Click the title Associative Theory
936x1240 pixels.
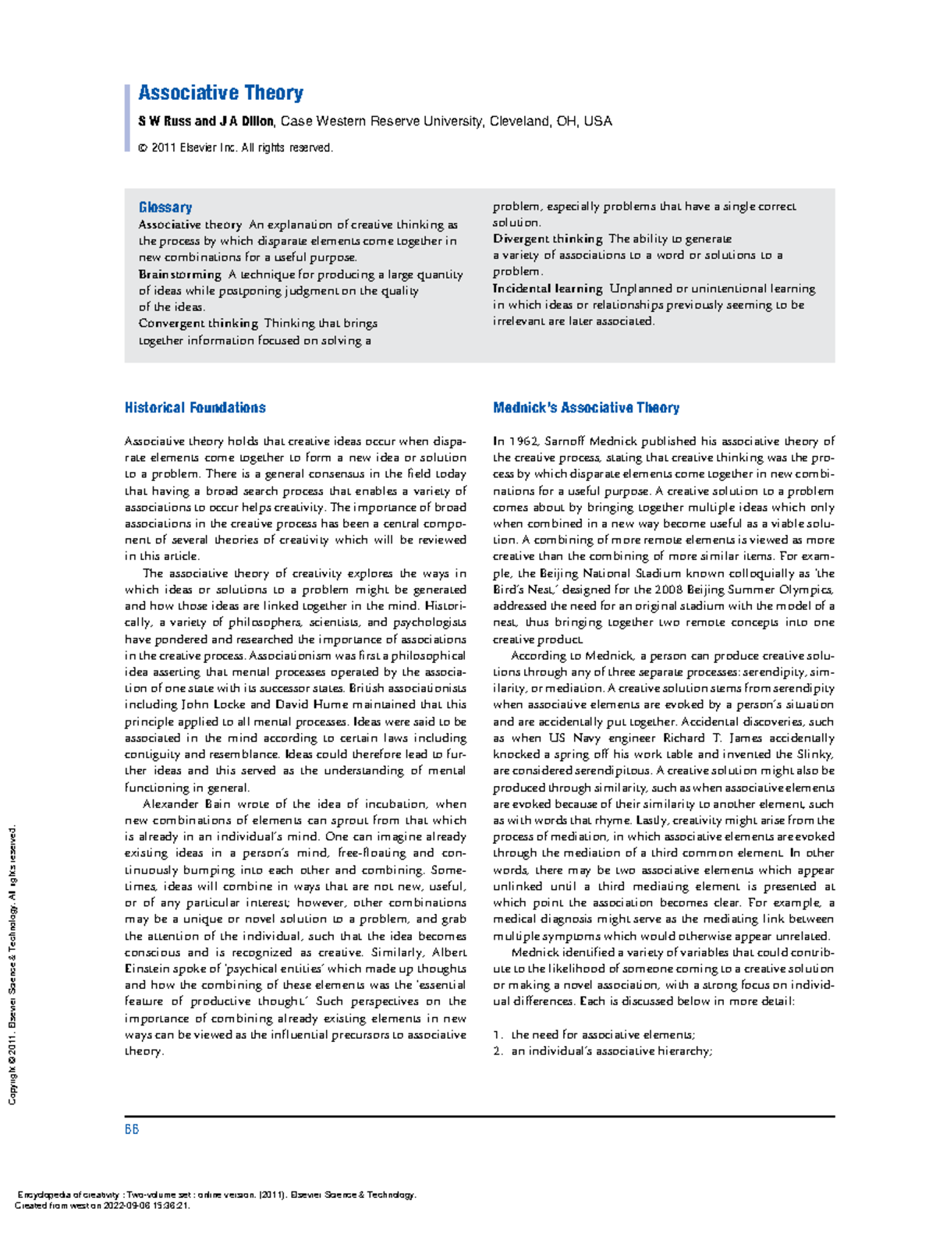(x=221, y=93)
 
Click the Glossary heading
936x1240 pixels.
(x=165, y=207)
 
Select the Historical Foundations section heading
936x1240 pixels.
(x=195, y=408)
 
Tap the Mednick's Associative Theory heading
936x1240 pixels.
(x=586, y=408)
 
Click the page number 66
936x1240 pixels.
(x=132, y=1129)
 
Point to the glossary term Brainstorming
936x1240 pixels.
(x=180, y=275)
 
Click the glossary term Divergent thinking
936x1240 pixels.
(x=548, y=239)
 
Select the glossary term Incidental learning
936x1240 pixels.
(x=548, y=289)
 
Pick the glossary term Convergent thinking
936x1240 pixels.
(x=198, y=323)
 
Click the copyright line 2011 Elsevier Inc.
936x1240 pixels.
(x=236, y=147)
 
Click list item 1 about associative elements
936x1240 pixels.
(x=594, y=1035)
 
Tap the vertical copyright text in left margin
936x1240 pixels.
(x=12, y=967)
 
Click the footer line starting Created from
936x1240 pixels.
(x=103, y=1205)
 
